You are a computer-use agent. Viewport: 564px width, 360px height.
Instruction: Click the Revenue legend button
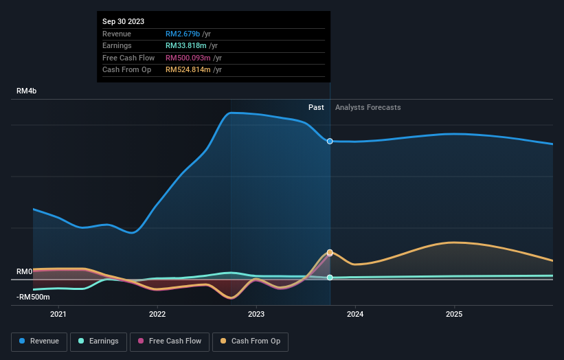point(38,341)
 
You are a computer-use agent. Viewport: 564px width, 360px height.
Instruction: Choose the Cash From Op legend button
point(250,341)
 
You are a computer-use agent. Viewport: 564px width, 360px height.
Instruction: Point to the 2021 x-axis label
point(59,315)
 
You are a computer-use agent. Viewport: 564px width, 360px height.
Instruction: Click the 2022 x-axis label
point(157,315)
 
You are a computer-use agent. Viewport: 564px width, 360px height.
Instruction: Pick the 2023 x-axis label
point(256,315)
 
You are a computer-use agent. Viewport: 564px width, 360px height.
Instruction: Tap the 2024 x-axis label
point(355,315)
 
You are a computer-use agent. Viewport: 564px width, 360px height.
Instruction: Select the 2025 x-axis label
point(454,315)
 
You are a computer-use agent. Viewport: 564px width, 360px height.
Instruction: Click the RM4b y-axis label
point(27,91)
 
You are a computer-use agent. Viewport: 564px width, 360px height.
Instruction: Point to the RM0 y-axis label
point(25,271)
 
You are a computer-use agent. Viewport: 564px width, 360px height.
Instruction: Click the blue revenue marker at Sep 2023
point(330,141)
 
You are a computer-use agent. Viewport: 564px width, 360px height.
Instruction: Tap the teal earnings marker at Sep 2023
point(330,278)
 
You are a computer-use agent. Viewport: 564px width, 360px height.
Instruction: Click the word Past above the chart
point(316,107)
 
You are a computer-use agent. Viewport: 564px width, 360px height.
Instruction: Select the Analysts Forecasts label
point(368,107)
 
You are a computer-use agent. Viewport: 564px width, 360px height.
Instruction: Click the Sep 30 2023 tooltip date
point(124,22)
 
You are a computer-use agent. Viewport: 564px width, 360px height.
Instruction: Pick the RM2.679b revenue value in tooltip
point(183,34)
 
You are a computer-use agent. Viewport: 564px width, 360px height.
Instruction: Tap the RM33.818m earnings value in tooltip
point(188,46)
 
